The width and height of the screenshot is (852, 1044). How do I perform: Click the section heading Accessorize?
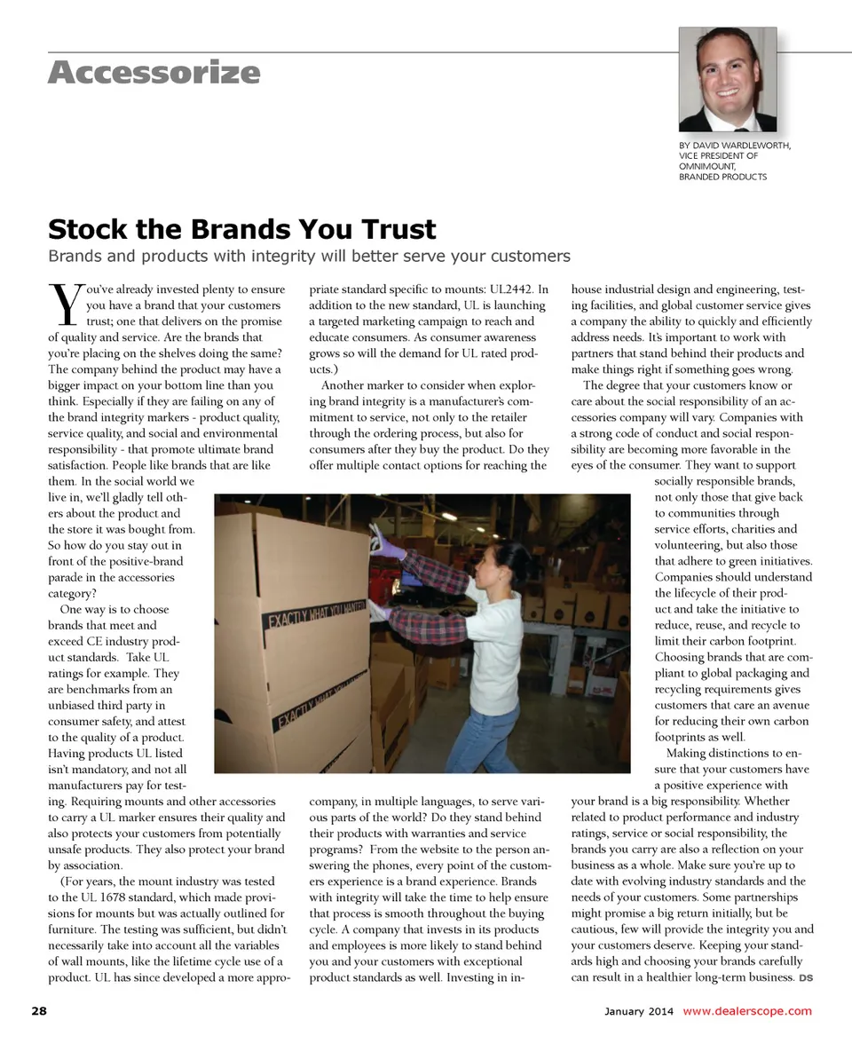click(154, 72)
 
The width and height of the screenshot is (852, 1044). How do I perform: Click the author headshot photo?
click(728, 79)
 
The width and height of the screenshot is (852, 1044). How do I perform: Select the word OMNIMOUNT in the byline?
click(706, 166)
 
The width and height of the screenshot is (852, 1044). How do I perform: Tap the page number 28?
click(38, 1011)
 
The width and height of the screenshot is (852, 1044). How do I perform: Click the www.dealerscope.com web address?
click(747, 1011)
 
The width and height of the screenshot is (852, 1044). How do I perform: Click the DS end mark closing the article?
click(806, 978)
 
